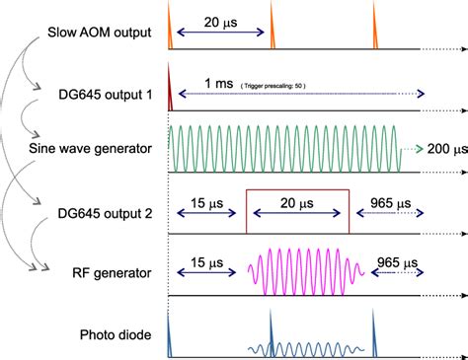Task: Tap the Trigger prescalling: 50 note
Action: point(273,86)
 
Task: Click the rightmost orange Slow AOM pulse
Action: point(375,36)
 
